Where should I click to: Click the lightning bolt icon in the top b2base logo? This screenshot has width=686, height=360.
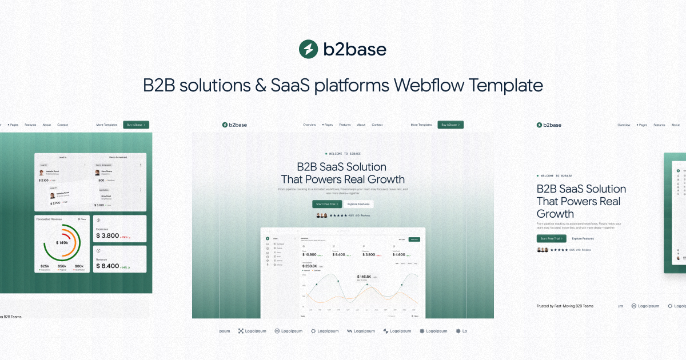308,49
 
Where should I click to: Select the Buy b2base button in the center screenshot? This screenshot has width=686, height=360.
450,125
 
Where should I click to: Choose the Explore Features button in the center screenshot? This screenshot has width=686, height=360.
359,204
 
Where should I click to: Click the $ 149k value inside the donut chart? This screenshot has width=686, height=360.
62,243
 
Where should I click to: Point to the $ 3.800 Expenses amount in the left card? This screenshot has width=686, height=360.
107,235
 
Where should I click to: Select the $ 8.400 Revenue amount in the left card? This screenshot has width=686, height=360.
107,266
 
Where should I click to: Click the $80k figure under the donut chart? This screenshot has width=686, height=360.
79,266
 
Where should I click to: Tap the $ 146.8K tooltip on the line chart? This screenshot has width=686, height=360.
364,277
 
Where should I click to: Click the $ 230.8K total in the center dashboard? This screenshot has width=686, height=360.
309,266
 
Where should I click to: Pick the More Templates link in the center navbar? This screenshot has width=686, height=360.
421,125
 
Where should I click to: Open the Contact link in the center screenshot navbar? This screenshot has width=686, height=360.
377,125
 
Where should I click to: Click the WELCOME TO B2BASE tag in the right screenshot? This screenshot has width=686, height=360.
556,176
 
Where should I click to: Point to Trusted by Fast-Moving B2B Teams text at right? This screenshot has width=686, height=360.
565,306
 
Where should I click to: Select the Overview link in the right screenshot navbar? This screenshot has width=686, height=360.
624,125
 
